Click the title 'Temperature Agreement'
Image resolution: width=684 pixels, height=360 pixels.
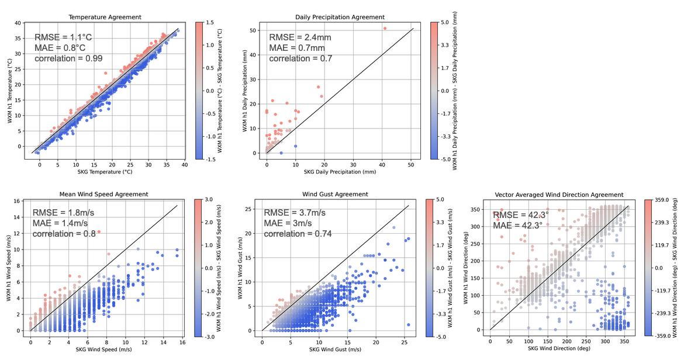pyautogui.click(x=105, y=17)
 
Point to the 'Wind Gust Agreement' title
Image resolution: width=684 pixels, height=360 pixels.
pyautogui.click(x=335, y=194)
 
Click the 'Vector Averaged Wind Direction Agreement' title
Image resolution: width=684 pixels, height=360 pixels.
pyautogui.click(x=559, y=195)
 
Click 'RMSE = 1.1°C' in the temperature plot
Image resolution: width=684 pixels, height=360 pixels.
pyautogui.click(x=63, y=37)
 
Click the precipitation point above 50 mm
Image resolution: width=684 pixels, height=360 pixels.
pyautogui.click(x=385, y=28)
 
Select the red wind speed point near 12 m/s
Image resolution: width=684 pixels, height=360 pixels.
pyautogui.click(x=99, y=231)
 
